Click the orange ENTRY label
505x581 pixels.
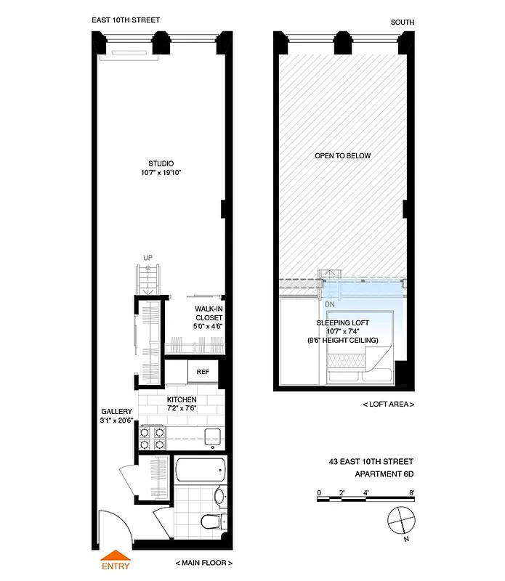[x=116, y=566]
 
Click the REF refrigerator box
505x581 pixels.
[x=203, y=371]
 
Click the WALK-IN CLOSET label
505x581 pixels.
[x=208, y=317]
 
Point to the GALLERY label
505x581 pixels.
[x=116, y=412]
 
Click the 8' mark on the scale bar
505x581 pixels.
[x=411, y=492]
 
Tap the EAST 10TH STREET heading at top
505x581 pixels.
[x=126, y=20]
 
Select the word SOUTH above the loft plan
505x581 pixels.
[x=402, y=23]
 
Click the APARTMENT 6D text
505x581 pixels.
[x=384, y=474]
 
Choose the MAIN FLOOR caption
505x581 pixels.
[x=203, y=564]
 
